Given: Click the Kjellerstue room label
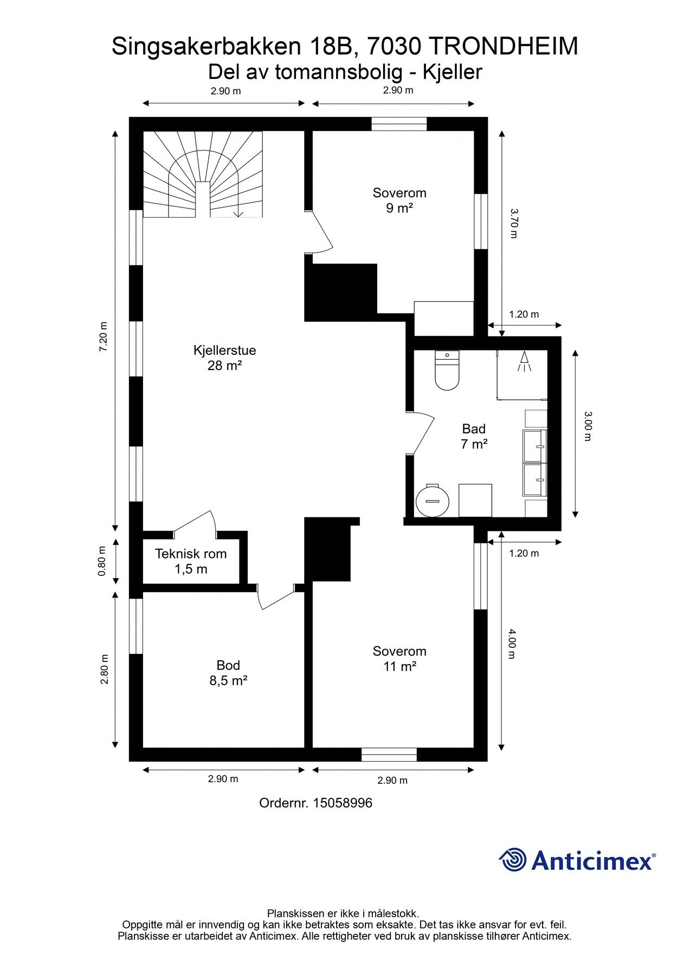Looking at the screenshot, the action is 224,357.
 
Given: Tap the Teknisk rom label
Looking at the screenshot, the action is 191,561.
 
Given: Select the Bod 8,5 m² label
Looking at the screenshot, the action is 228,673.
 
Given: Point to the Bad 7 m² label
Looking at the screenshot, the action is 474,437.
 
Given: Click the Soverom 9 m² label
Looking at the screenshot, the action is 399,200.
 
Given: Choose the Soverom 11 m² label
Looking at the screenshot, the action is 399,659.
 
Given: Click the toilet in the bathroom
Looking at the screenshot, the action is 447,370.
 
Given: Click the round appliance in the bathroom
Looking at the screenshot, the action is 433,500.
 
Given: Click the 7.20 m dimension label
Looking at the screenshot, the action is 104,337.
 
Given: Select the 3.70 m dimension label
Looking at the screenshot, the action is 513,223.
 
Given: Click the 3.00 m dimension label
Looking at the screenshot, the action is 588,426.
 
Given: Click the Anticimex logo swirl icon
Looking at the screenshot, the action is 513,860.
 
